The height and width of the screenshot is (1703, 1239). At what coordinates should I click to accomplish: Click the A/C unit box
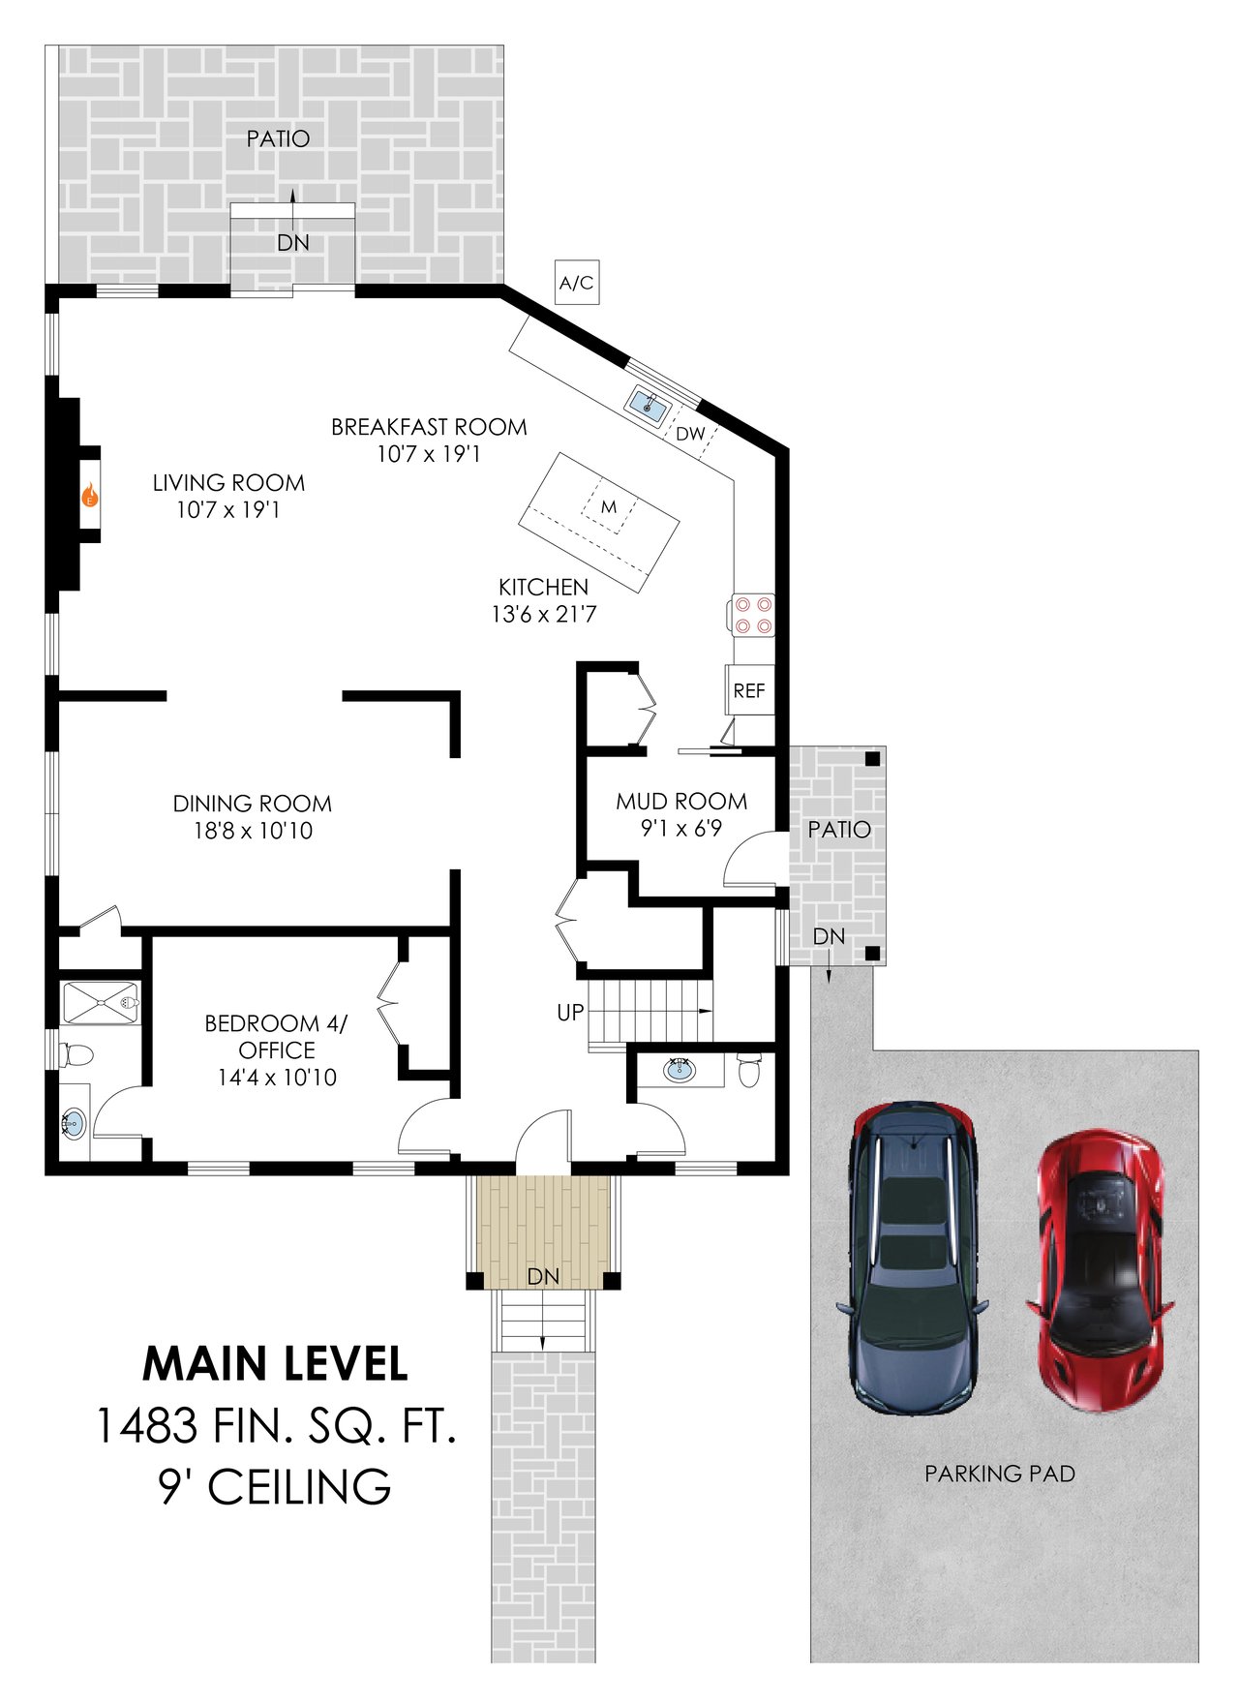click(x=576, y=282)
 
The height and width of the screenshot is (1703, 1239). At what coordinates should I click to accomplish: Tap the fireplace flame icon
click(x=89, y=497)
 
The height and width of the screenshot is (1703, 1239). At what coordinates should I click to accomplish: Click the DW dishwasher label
click(x=690, y=434)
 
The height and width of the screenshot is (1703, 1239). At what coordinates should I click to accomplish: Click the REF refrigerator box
click(x=749, y=690)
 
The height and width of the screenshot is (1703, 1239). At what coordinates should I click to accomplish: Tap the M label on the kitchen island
click(x=609, y=506)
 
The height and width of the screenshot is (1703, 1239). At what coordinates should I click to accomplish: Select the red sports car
click(x=1101, y=1271)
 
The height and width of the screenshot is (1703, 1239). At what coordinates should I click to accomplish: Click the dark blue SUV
click(x=913, y=1257)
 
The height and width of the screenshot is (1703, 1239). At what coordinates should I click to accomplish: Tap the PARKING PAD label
click(x=1000, y=1474)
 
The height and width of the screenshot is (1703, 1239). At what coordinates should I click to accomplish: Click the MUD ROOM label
click(x=681, y=801)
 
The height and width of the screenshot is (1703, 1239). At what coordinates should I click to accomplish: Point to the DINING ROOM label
click(x=253, y=804)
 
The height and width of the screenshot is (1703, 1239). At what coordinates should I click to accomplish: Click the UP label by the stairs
click(x=570, y=1012)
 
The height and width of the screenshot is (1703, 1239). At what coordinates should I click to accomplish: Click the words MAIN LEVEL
click(x=275, y=1364)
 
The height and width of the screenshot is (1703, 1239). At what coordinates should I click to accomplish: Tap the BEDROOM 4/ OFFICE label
click(x=277, y=1037)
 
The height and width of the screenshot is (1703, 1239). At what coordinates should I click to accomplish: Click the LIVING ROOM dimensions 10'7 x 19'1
click(x=227, y=509)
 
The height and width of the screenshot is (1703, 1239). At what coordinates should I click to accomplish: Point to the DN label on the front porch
click(x=544, y=1277)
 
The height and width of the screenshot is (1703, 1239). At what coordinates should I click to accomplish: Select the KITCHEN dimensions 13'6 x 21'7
click(x=544, y=614)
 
